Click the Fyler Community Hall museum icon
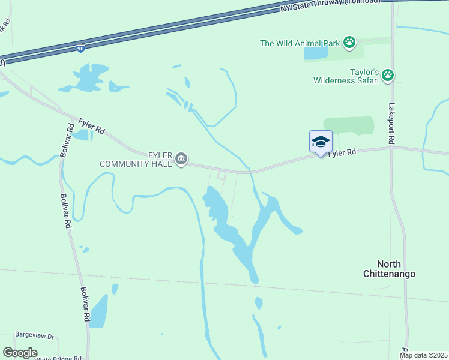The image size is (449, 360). click(x=181, y=159)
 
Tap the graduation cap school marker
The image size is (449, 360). click(x=321, y=142)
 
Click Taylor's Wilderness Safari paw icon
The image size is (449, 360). click(x=388, y=76)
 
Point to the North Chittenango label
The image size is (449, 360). click(x=388, y=269)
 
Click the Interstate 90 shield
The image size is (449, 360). click(x=82, y=46)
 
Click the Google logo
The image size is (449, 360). click(x=20, y=353)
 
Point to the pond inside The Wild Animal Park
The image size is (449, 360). click(x=316, y=53)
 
